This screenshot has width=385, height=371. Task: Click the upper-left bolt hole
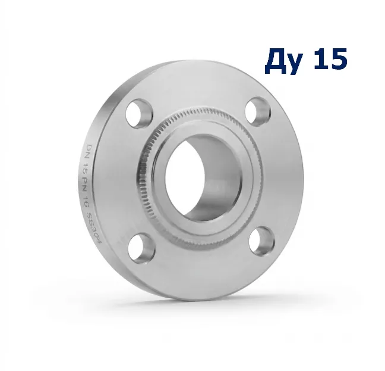pos(139,113)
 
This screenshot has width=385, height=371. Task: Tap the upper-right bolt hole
pos(258,112)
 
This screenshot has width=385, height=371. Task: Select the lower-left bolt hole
pos(141,248)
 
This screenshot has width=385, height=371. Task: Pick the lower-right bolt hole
pos(261,242)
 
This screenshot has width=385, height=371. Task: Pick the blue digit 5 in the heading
pos(338,58)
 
